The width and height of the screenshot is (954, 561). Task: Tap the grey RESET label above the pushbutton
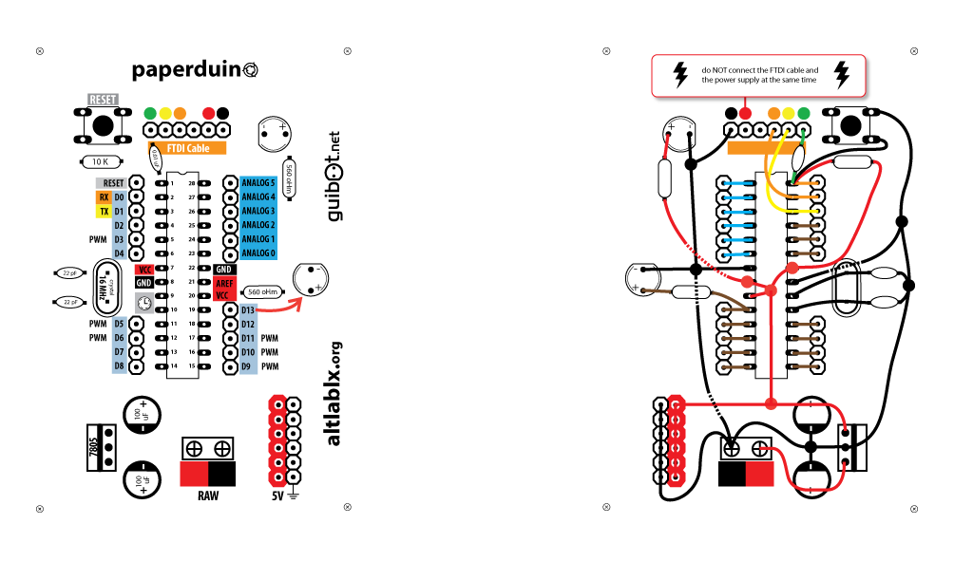103,99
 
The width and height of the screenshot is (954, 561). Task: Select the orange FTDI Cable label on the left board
187,148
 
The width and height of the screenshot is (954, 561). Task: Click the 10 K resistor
102,161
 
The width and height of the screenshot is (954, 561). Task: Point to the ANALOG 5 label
258,182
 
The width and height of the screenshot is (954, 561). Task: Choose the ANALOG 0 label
258,253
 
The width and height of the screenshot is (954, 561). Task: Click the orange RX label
104,197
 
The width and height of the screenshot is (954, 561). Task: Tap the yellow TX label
104,212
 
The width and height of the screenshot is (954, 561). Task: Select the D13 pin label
249,310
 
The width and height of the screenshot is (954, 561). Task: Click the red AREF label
223,283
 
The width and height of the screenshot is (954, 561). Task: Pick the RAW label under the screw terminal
207,496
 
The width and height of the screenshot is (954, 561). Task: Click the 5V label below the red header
277,496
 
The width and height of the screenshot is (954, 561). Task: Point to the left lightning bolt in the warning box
680,75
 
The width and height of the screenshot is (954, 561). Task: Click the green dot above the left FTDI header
150,113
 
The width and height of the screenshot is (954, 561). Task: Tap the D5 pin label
120,324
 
